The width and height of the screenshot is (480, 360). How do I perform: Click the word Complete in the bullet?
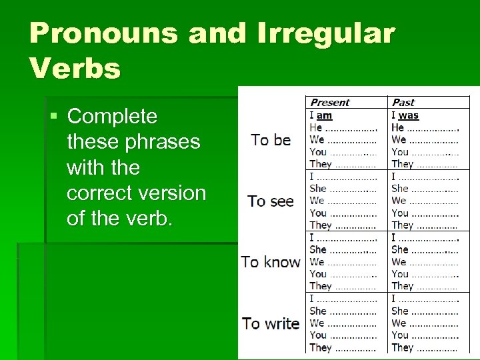point(112,117)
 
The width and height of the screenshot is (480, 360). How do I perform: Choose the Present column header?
point(330,103)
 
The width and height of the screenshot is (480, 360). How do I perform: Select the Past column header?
point(403,103)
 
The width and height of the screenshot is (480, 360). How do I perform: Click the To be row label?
point(271,140)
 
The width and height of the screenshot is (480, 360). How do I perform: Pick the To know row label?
point(271,262)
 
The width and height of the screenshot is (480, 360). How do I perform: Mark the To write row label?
point(271,323)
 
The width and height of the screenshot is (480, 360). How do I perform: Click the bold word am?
point(325,115)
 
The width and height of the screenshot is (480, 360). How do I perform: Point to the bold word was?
point(409,115)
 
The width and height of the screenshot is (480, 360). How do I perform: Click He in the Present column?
point(316,127)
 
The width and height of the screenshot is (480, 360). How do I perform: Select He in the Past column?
point(398,127)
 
